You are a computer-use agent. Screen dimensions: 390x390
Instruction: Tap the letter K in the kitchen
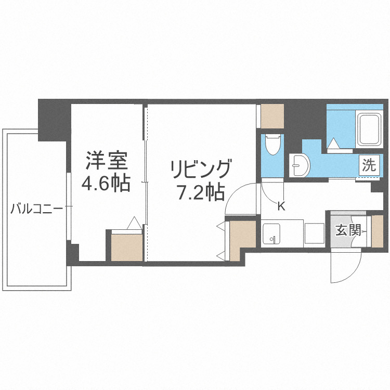(x=281, y=206)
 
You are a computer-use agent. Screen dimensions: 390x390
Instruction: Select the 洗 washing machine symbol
(x=368, y=166)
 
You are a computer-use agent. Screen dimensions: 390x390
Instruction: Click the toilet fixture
(x=271, y=144)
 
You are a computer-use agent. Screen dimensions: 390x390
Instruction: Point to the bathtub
(x=370, y=128)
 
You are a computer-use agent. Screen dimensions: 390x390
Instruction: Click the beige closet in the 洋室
(x=127, y=246)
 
